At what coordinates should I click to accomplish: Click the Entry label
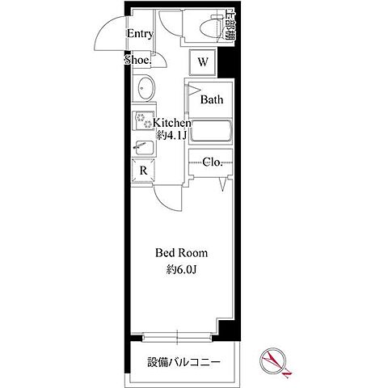pos(140,34)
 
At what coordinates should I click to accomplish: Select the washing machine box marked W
pos(203,61)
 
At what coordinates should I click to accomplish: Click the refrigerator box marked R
pos(143,171)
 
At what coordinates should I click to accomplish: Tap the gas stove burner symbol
pos(143,122)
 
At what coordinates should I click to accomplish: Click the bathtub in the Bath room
pos(211,131)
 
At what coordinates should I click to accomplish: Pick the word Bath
pos(212,100)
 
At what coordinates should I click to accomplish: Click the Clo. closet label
pos(213,161)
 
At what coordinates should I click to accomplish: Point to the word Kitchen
pos(167,123)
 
